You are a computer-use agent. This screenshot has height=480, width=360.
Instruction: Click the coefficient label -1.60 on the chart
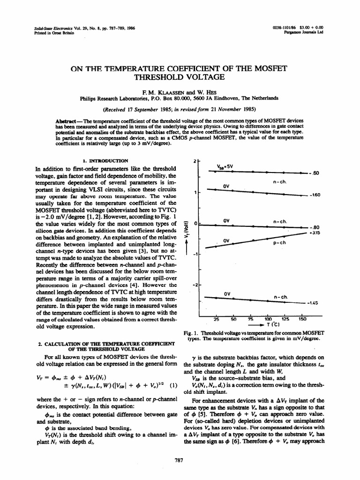point(314,195)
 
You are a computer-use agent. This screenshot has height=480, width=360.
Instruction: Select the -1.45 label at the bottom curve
point(313,303)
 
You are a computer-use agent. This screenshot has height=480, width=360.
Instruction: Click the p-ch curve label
point(279,243)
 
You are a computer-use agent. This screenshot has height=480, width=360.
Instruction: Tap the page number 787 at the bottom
point(178,460)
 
